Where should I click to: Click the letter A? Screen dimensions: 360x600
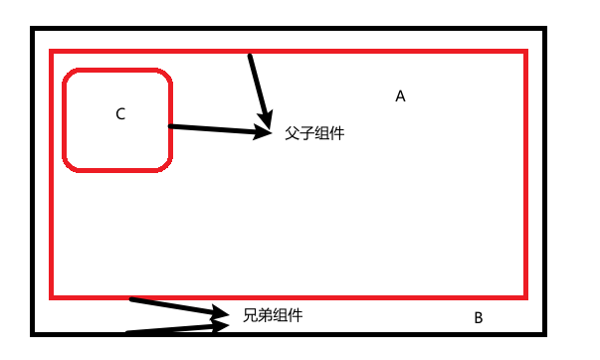[x=400, y=96]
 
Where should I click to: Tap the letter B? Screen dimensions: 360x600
[x=478, y=318]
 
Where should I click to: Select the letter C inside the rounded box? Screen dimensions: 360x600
[x=120, y=114]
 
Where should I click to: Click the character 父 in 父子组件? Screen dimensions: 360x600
[x=292, y=133]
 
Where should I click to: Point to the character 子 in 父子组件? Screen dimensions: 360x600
[x=307, y=133]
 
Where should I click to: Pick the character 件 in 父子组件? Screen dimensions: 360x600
[x=337, y=133]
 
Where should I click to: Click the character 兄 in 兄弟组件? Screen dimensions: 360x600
[x=251, y=316]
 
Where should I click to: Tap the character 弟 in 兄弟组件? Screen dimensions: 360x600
[x=266, y=316]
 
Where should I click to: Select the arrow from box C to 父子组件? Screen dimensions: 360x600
[x=214, y=128]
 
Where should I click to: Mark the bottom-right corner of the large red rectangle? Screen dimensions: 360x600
[x=524, y=295]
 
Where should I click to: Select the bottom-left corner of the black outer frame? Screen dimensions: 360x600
[x=34, y=333]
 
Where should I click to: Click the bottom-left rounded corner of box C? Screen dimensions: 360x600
[x=70, y=164]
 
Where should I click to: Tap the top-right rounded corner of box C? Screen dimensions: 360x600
[x=164, y=76]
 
